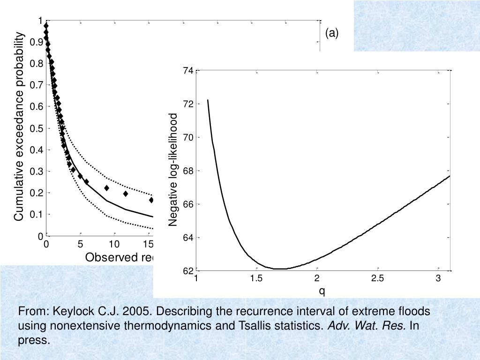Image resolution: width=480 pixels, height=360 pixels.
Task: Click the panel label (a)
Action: tap(331, 33)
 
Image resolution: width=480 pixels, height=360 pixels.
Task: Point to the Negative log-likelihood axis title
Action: tap(174, 170)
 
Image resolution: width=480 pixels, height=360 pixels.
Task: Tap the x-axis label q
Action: tap(322, 291)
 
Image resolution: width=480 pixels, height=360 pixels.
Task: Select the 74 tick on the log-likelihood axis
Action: tap(188, 71)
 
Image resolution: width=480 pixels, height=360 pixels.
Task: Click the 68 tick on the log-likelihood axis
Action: tap(188, 171)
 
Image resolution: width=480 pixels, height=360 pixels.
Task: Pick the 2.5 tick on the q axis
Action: tap(377, 279)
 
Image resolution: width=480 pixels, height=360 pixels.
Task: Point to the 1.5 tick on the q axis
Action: tap(256, 279)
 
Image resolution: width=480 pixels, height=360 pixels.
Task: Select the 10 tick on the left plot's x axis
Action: tap(114, 244)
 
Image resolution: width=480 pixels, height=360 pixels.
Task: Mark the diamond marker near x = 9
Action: tap(106, 188)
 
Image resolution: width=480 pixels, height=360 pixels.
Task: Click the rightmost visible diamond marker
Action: tap(151, 200)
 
